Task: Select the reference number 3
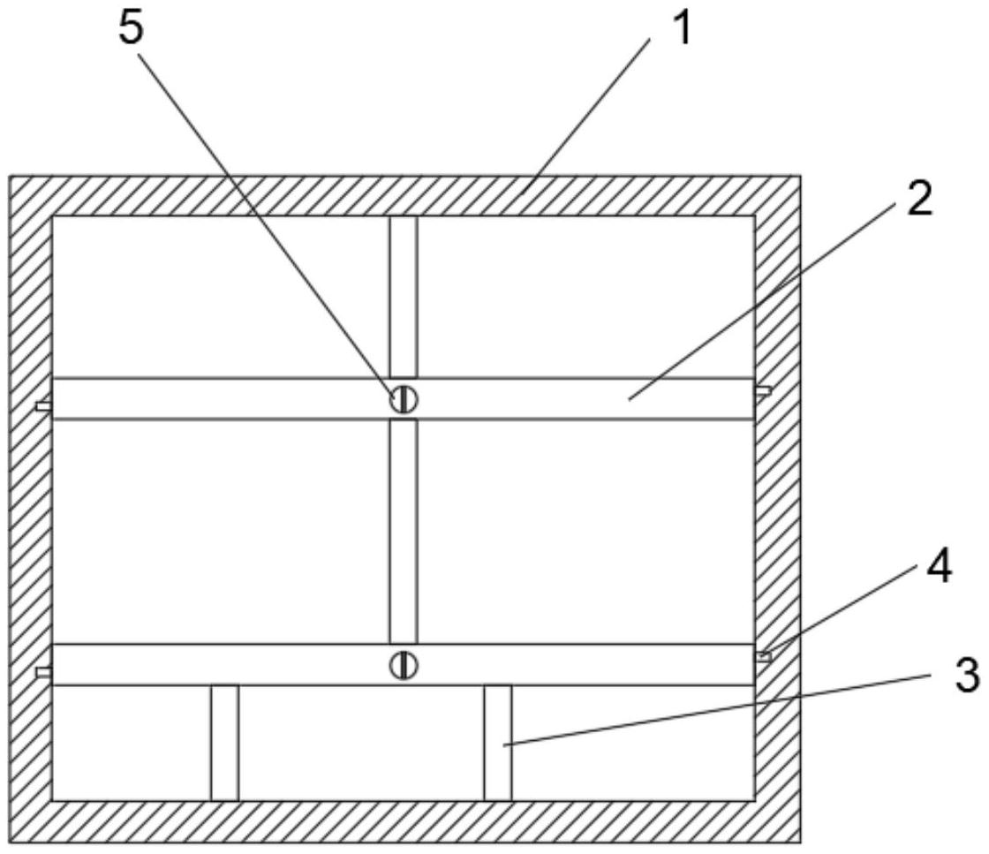tap(966, 674)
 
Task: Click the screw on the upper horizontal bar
tap(403, 398)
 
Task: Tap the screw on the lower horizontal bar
tap(403, 665)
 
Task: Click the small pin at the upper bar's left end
tap(44, 407)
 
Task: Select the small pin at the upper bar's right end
tap(763, 391)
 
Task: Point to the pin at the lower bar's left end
tap(44, 672)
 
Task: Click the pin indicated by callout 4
tap(763, 656)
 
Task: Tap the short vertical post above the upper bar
tap(403, 297)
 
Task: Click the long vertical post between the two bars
tap(403, 532)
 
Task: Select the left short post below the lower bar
tap(224, 743)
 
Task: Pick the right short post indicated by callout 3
tap(498, 743)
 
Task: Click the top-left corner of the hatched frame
tap(10, 176)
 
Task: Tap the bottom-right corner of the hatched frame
tap(800, 843)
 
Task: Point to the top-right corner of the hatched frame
tap(800, 176)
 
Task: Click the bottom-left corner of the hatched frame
tap(10, 843)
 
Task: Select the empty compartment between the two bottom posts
tap(361, 743)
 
